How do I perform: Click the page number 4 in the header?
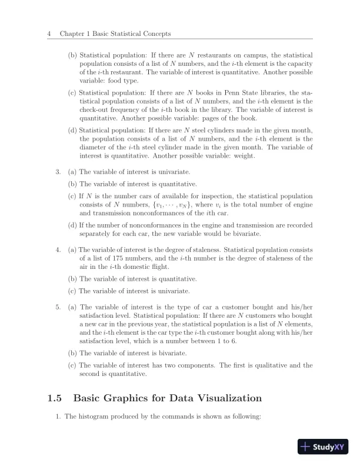[x=48, y=35]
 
